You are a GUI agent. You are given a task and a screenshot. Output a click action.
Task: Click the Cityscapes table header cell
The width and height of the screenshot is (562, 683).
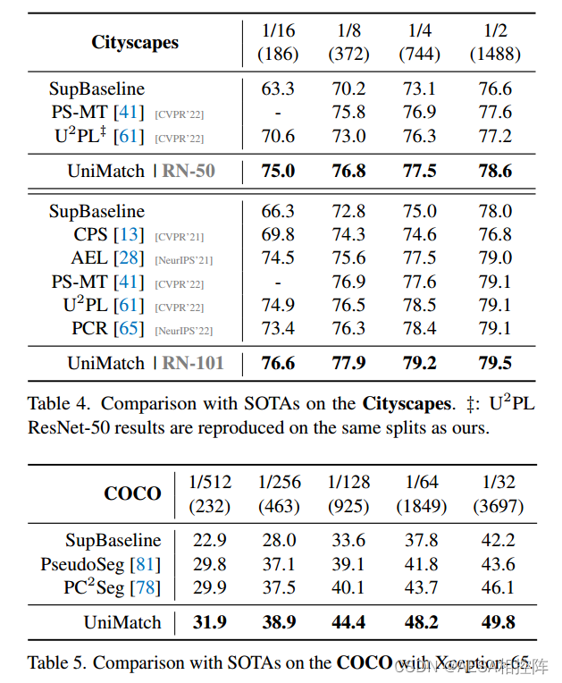[x=134, y=42]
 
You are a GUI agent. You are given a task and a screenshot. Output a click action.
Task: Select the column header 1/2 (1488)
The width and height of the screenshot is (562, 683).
[x=494, y=42]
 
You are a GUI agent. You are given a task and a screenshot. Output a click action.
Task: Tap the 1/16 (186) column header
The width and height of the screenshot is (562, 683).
[x=278, y=42]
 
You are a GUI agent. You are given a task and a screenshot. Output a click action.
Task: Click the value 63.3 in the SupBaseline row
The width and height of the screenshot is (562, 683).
[x=278, y=89]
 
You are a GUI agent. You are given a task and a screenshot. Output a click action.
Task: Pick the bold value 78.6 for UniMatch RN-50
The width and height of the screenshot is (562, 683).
[x=494, y=171]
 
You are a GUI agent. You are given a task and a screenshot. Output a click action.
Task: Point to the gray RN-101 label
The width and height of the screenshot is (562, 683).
[x=192, y=363]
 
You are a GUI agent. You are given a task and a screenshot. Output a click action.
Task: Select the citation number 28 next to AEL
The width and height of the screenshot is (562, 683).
[x=130, y=258]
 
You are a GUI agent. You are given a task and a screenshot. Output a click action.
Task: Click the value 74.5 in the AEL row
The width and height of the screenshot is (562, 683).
[x=278, y=258]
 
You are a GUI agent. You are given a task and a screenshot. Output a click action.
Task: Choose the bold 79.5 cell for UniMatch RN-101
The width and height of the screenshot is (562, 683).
[x=494, y=363]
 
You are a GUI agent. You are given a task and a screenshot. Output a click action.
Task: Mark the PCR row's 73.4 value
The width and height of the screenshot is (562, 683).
[x=278, y=329]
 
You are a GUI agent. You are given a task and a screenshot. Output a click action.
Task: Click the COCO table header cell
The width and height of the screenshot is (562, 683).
[x=132, y=493]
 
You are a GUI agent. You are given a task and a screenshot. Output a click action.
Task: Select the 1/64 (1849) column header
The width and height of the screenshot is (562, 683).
[x=421, y=493]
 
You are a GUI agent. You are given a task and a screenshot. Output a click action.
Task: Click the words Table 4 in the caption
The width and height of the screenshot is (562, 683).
[x=55, y=404]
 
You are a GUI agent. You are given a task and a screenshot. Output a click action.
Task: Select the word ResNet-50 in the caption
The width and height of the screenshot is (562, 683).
[x=66, y=427]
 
